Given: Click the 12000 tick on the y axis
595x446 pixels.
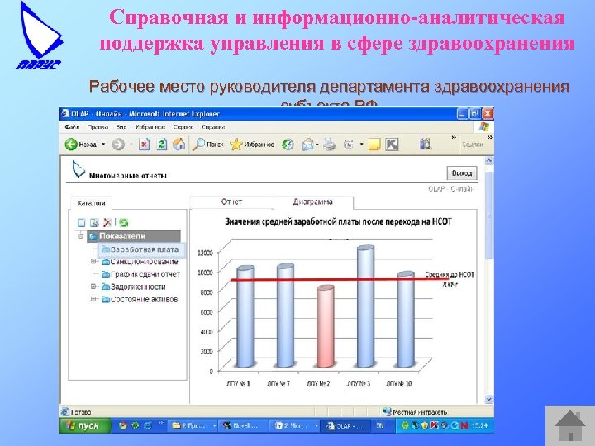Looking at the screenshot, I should [x=206, y=252].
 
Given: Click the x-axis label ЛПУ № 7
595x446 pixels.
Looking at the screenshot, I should [x=284, y=383].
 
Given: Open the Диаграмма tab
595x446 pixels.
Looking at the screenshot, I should [x=313, y=202].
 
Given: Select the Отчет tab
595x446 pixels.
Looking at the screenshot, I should [x=231, y=202].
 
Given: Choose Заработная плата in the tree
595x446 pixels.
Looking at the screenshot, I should [x=144, y=249].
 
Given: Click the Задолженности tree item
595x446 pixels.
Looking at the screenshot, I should [x=137, y=287].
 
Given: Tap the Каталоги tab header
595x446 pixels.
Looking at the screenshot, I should [x=92, y=202].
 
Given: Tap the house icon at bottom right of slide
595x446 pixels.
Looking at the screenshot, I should [x=569, y=425].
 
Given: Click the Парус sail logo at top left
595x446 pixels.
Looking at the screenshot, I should [x=40, y=37].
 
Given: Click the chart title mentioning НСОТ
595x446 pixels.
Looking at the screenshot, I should [x=340, y=221].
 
